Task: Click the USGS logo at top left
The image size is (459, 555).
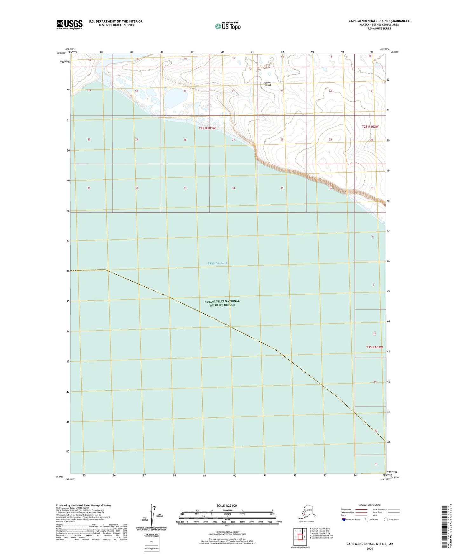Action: coord(69,24)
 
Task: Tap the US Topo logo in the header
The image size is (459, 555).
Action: coord(227,26)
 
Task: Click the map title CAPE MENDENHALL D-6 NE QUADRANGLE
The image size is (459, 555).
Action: coord(379,21)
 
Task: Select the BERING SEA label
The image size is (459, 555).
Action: coord(218,263)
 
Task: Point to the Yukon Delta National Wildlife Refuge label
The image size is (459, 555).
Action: coord(222,303)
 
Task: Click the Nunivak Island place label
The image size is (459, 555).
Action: coord(267,84)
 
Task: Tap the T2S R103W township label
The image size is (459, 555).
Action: coord(207,128)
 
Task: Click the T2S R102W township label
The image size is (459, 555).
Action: coord(370,127)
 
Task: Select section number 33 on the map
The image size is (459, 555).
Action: coord(185,188)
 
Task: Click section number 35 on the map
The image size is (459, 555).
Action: coord(282,188)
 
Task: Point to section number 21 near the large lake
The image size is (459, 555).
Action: coord(185,91)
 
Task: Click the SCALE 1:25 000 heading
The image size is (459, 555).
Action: coord(227,505)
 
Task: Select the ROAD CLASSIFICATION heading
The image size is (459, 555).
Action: coord(370,505)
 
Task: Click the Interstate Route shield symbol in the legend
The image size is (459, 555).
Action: coord(344,519)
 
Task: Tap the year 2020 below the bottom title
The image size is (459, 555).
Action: coord(369,548)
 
